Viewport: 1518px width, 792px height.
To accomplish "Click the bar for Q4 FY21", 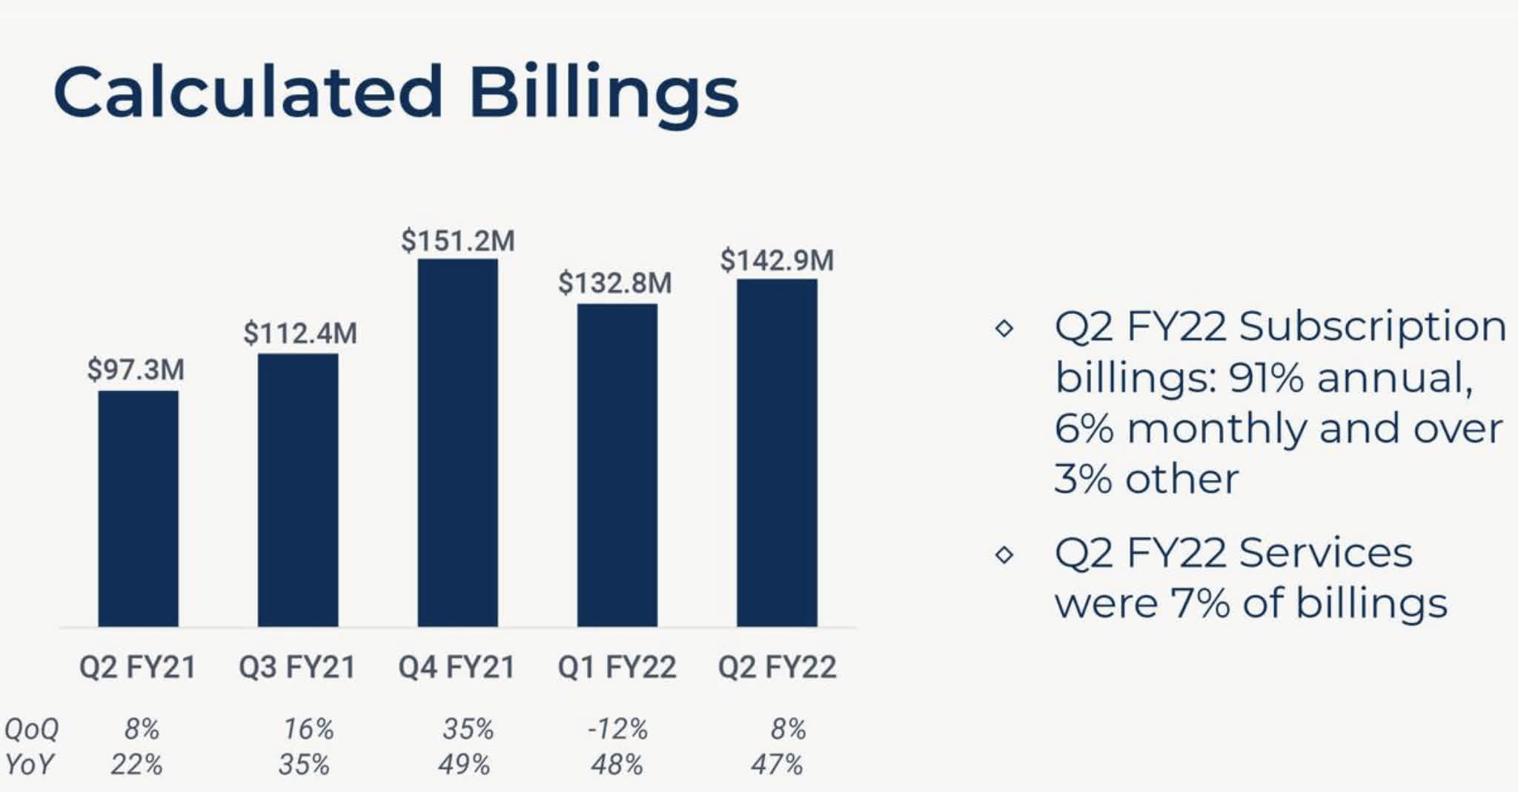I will pos(457,442).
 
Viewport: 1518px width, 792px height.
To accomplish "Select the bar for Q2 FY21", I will pos(138,508).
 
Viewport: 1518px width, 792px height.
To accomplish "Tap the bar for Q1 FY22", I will pos(617,465).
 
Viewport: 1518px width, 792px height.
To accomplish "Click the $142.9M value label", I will pos(777,260).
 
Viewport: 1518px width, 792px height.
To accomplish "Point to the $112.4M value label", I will pos(299,333).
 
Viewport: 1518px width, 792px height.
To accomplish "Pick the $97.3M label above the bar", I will pos(136,370).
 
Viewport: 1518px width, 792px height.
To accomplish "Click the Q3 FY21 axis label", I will pos(297,667).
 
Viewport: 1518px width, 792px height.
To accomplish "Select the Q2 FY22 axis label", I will pos(777,667).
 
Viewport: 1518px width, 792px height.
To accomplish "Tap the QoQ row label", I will pos(31,729).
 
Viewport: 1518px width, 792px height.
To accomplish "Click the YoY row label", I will pos(29,764).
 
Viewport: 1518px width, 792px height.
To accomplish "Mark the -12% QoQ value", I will pos(617,729).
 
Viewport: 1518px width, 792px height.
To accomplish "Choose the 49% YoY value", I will pos(463,764).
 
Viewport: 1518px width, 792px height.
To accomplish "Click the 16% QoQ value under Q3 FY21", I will pos(308,729).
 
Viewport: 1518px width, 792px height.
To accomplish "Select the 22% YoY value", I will pos(136,764).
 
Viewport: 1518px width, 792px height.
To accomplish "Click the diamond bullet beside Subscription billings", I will pos(1004,327).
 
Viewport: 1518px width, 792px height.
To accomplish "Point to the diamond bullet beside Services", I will pos(1004,554).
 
